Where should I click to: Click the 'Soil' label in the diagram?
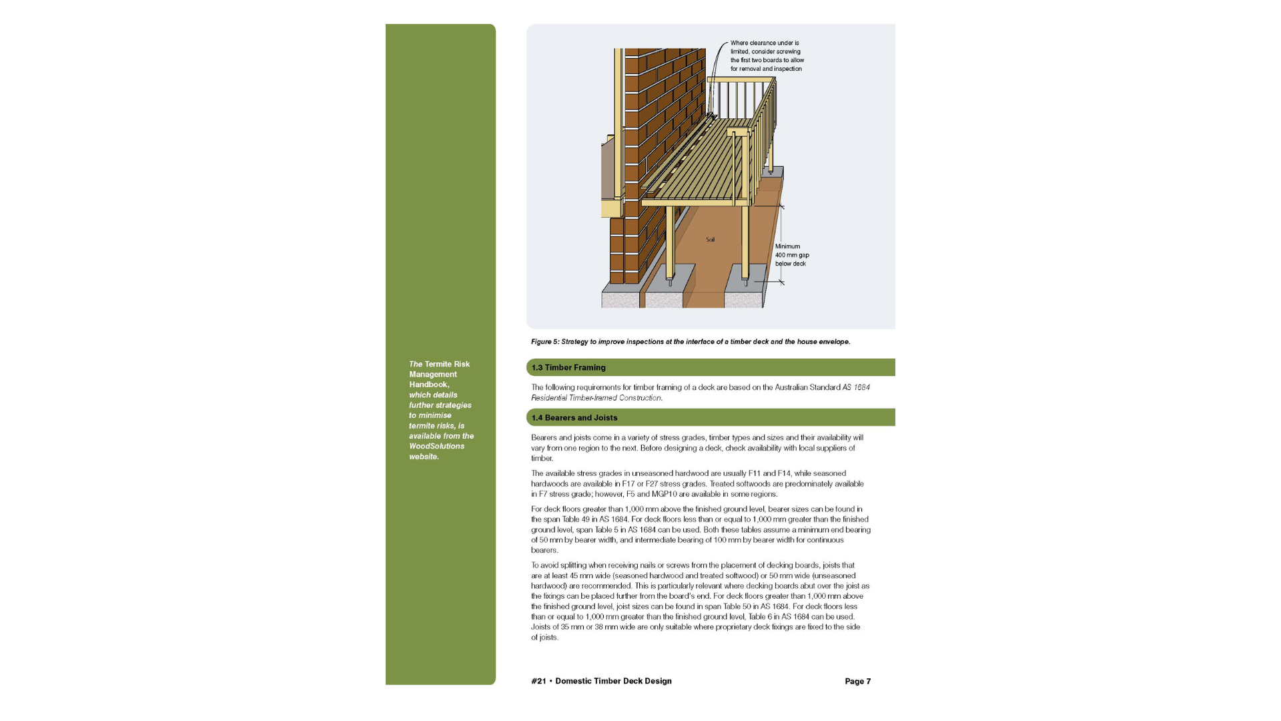[710, 240]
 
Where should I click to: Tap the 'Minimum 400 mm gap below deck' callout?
[792, 255]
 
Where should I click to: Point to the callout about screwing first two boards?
[767, 56]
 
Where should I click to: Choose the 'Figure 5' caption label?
[544, 342]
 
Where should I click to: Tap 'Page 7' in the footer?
[857, 682]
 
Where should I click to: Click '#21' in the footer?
[538, 682]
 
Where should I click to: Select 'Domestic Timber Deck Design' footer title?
[613, 682]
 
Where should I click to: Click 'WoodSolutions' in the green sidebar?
[436, 447]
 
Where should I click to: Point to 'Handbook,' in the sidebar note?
[429, 385]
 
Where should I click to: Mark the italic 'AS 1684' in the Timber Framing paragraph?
[856, 388]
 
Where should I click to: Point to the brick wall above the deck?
[664, 100]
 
